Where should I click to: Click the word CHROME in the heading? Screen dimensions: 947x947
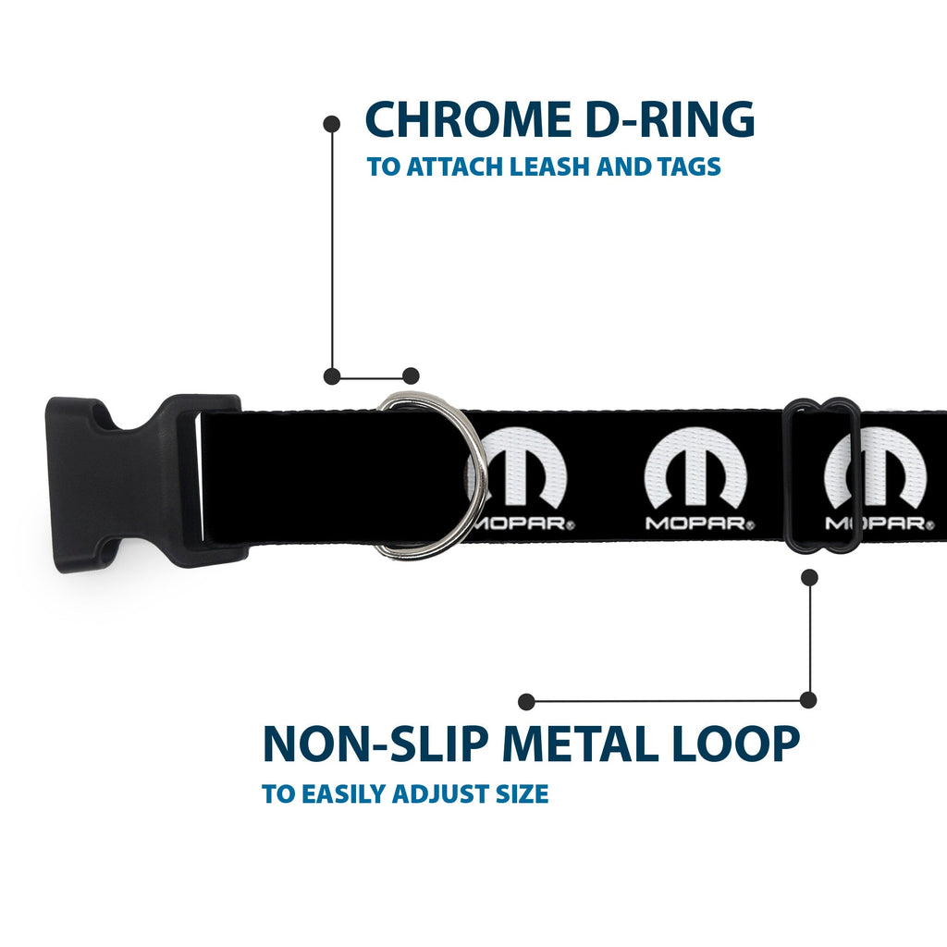coord(468,119)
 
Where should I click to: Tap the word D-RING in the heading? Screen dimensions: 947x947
coord(670,119)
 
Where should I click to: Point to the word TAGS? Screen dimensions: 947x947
coord(689,166)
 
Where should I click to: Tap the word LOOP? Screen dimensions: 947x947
coord(735,744)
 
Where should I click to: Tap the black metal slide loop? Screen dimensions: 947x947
coord(822,475)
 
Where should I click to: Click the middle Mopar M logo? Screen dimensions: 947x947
coord(695,467)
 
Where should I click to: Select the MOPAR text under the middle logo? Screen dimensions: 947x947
coord(700,523)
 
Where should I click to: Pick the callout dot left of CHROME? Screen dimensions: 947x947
coord(332,125)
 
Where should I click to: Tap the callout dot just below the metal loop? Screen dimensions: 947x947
coord(809,577)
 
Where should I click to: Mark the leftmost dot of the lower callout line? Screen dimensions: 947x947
coord(526,701)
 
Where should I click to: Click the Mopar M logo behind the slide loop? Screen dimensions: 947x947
coord(876,467)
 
